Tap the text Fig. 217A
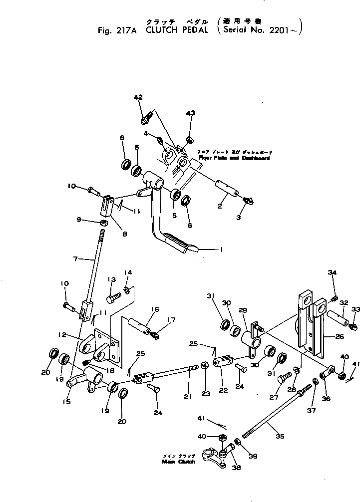[x=117, y=30]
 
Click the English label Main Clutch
[x=177, y=462]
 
